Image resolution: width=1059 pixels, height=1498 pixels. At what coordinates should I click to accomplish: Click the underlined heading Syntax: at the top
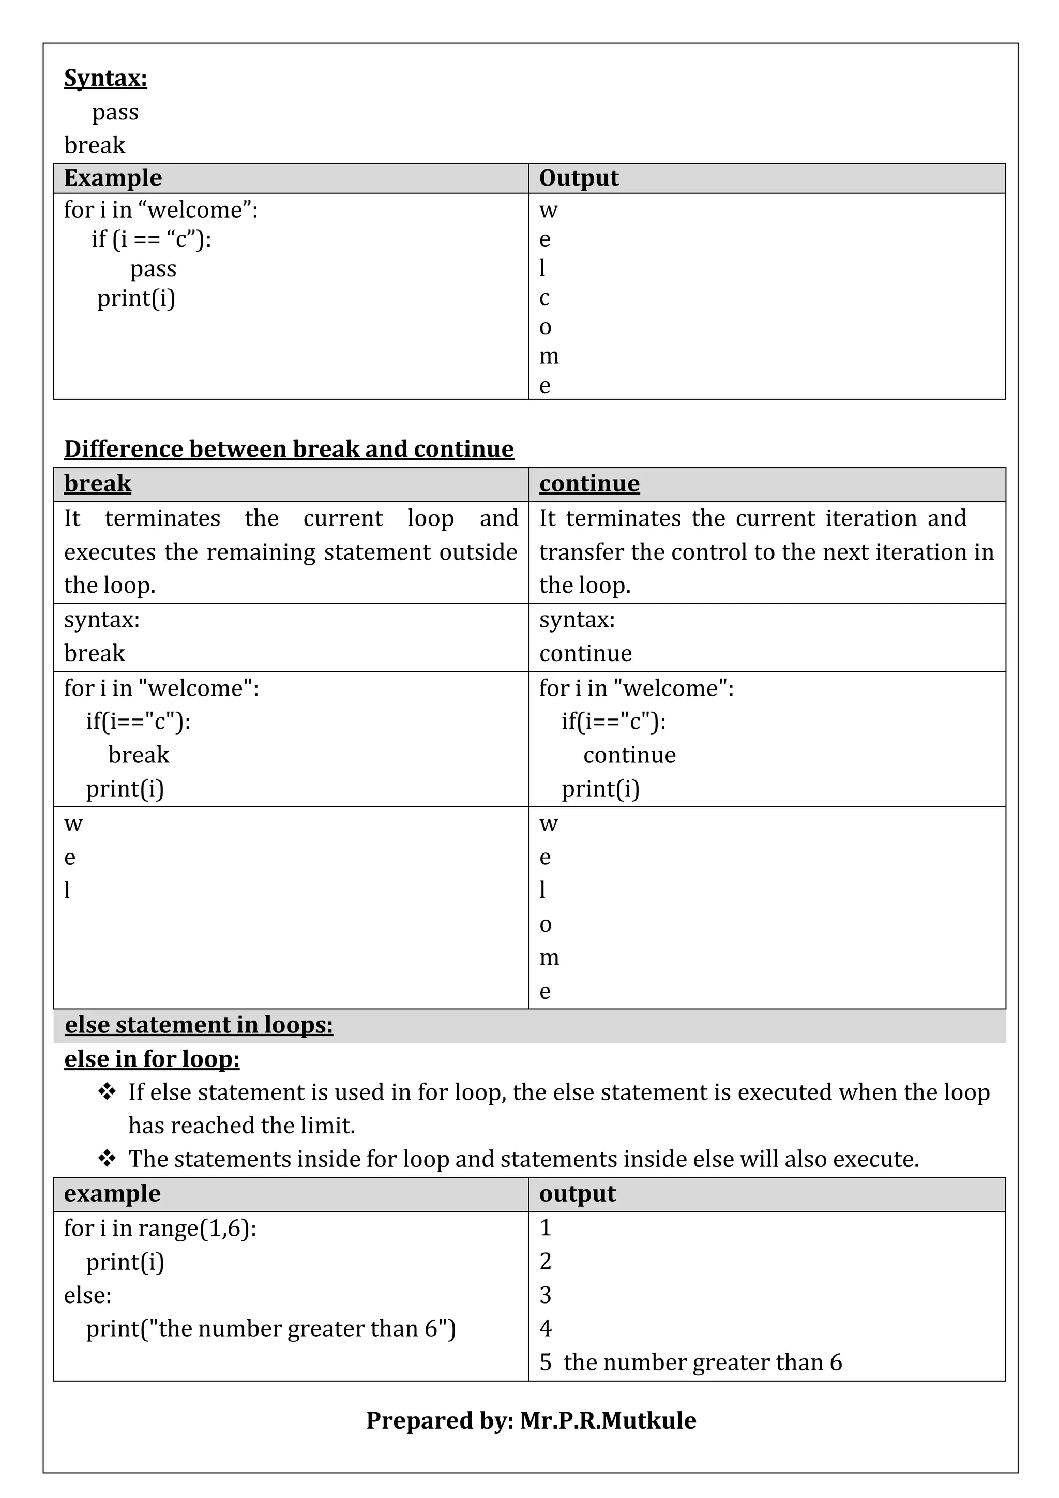(105, 78)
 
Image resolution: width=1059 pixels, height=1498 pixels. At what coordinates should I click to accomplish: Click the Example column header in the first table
(113, 178)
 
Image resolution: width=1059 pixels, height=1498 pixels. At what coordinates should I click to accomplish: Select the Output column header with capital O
(579, 178)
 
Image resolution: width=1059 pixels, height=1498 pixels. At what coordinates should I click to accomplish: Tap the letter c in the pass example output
(544, 297)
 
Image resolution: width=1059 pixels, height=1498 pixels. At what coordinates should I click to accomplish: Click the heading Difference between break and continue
(289, 449)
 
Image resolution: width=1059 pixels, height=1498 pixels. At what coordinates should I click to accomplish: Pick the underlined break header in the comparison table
(98, 484)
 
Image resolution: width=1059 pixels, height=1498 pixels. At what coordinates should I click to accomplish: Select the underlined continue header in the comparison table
(589, 484)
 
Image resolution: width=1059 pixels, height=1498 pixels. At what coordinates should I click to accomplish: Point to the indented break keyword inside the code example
(139, 755)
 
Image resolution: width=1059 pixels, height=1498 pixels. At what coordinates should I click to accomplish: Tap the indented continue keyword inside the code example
(629, 755)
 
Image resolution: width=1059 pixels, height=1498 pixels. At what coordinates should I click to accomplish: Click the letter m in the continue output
(549, 958)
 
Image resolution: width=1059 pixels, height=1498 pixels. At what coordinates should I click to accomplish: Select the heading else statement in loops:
(199, 1025)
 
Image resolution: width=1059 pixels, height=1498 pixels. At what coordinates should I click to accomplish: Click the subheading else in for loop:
(152, 1059)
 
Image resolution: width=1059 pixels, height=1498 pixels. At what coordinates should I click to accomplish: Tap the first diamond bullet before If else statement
(107, 1091)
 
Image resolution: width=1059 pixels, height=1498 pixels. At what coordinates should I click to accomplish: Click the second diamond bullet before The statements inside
(107, 1159)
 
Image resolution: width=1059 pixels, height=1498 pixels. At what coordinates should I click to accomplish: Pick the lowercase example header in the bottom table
(112, 1193)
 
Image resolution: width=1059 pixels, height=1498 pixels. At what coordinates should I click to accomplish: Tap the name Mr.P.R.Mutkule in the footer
(608, 1420)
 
